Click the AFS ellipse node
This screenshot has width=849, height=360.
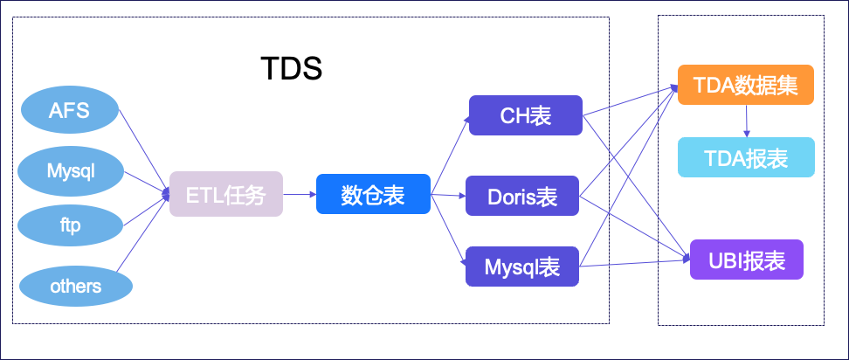69,110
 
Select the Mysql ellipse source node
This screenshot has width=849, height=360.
71,170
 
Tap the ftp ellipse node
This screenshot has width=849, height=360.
70,225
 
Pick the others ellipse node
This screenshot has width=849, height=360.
75,286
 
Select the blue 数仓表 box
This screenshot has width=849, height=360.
373,195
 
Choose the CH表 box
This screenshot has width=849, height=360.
525,115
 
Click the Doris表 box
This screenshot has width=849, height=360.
522,196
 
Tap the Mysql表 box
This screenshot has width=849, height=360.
522,267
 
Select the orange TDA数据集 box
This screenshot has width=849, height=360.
745,86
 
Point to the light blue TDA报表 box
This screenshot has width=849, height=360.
746,157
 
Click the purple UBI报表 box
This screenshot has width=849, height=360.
746,260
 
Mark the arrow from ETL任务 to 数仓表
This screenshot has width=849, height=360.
300,195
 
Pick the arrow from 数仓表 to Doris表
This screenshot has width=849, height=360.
448,196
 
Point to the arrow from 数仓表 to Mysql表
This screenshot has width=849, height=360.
448,232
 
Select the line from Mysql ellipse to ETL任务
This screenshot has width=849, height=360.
146,182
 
